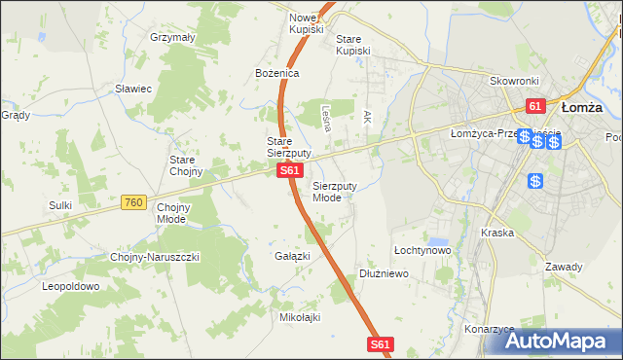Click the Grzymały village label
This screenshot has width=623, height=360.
coord(173,37)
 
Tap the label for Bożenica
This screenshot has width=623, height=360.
coord(276,73)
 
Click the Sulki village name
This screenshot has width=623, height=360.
coord(61,205)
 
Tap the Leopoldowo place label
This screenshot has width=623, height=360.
coord(70,287)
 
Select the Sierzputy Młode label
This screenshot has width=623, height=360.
coord(334,191)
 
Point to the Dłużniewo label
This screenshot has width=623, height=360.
coord(384,274)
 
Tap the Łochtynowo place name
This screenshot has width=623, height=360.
coord(421,250)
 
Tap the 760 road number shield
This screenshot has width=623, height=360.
coord(134,202)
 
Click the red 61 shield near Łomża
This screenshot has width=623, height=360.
coord(534,105)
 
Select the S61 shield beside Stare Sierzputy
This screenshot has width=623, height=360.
coord(288,170)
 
